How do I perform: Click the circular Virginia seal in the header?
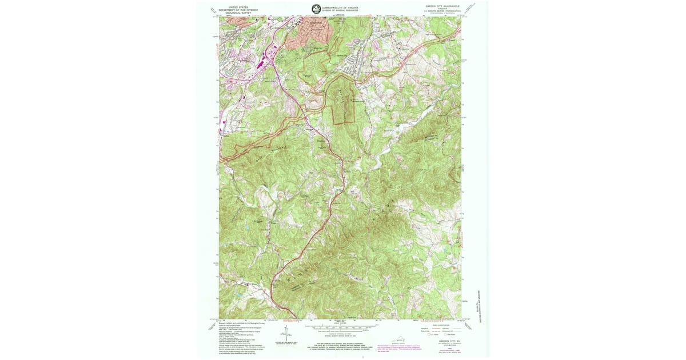316,9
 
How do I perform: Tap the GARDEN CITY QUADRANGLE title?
441,7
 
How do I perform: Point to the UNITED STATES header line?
238,7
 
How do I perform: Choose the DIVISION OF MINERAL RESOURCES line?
340,10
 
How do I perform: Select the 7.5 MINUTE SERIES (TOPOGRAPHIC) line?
441,13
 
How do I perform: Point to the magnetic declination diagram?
284,332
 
